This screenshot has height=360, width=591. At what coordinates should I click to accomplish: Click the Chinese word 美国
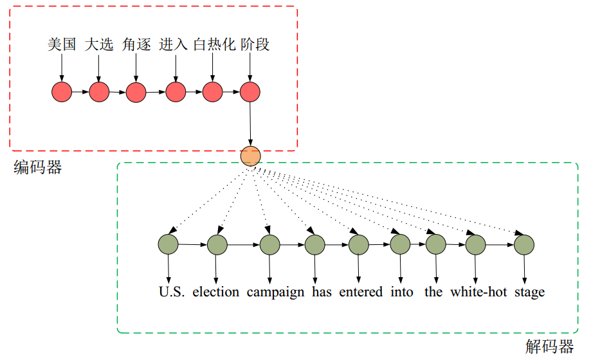(x=62, y=44)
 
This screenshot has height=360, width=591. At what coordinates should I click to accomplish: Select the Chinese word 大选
(x=99, y=44)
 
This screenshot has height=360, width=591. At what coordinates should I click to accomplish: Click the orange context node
(x=250, y=156)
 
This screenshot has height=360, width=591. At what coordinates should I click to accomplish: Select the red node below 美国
(x=62, y=92)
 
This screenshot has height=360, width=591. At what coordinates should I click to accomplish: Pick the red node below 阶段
(x=250, y=92)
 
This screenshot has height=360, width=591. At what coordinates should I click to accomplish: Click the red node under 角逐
(x=136, y=92)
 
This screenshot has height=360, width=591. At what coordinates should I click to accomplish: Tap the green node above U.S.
(x=168, y=244)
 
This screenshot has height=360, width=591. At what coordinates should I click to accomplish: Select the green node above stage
(x=524, y=244)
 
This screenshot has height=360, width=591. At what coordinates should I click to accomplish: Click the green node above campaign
(x=269, y=244)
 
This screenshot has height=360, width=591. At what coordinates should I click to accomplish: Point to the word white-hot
(x=478, y=292)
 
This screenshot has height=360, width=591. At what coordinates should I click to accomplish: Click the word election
(x=215, y=292)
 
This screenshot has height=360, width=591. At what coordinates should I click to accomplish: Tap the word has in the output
(x=322, y=292)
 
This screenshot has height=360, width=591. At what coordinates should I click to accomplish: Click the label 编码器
(x=38, y=168)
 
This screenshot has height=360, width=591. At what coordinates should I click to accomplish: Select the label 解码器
(x=549, y=347)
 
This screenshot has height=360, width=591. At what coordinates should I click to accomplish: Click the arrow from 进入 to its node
(x=174, y=67)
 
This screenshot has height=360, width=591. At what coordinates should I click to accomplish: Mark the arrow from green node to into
(x=400, y=269)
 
